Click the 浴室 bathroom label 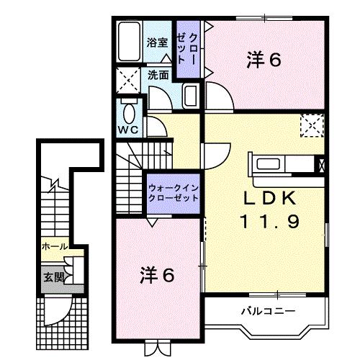(158, 42)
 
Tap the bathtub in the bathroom (130, 41)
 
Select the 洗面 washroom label (158, 74)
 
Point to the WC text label (129, 130)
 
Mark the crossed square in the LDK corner (312, 125)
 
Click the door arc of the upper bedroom (218, 94)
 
